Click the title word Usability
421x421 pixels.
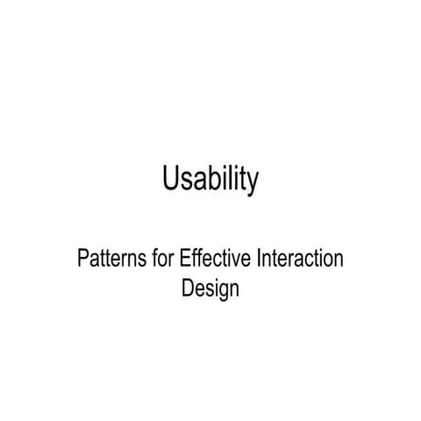(x=210, y=181)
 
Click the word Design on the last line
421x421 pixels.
(x=210, y=289)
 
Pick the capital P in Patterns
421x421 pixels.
(x=83, y=260)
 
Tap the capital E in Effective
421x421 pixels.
(x=183, y=260)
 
